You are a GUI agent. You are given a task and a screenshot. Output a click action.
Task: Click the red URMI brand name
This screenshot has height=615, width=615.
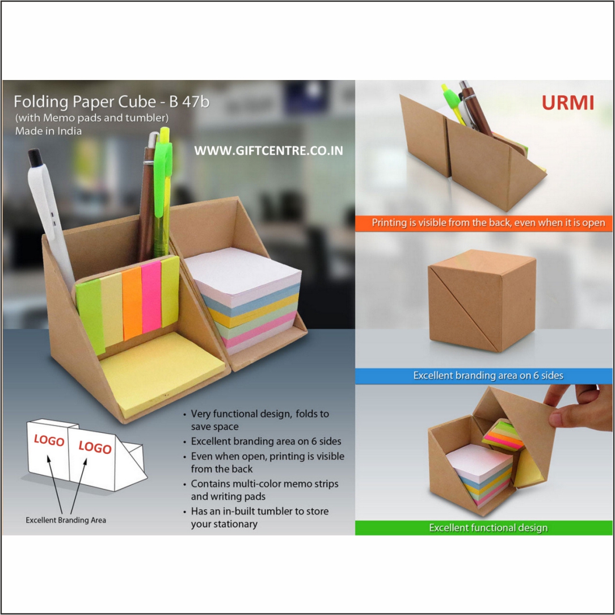point(567,103)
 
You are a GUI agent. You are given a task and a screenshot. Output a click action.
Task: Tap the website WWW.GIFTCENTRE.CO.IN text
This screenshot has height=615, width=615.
point(268,151)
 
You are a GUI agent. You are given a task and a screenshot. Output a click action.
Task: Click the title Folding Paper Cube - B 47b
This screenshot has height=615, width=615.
point(111,102)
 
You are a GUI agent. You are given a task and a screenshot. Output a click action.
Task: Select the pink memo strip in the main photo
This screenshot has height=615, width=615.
point(151,296)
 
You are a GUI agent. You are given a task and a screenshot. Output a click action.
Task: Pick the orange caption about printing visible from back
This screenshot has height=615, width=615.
point(488,222)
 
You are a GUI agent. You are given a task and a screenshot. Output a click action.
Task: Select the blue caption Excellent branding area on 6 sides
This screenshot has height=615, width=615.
point(487,376)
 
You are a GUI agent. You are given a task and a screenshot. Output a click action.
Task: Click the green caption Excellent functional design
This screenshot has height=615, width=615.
point(487,528)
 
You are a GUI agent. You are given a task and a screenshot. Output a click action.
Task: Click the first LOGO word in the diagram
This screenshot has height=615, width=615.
point(49,440)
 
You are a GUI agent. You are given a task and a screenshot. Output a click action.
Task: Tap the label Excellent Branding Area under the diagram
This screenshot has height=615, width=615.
point(66,520)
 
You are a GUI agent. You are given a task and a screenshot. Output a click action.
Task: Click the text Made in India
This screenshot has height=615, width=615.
point(48,131)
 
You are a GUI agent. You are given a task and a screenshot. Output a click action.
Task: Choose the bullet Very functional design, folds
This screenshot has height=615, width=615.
point(260,420)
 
